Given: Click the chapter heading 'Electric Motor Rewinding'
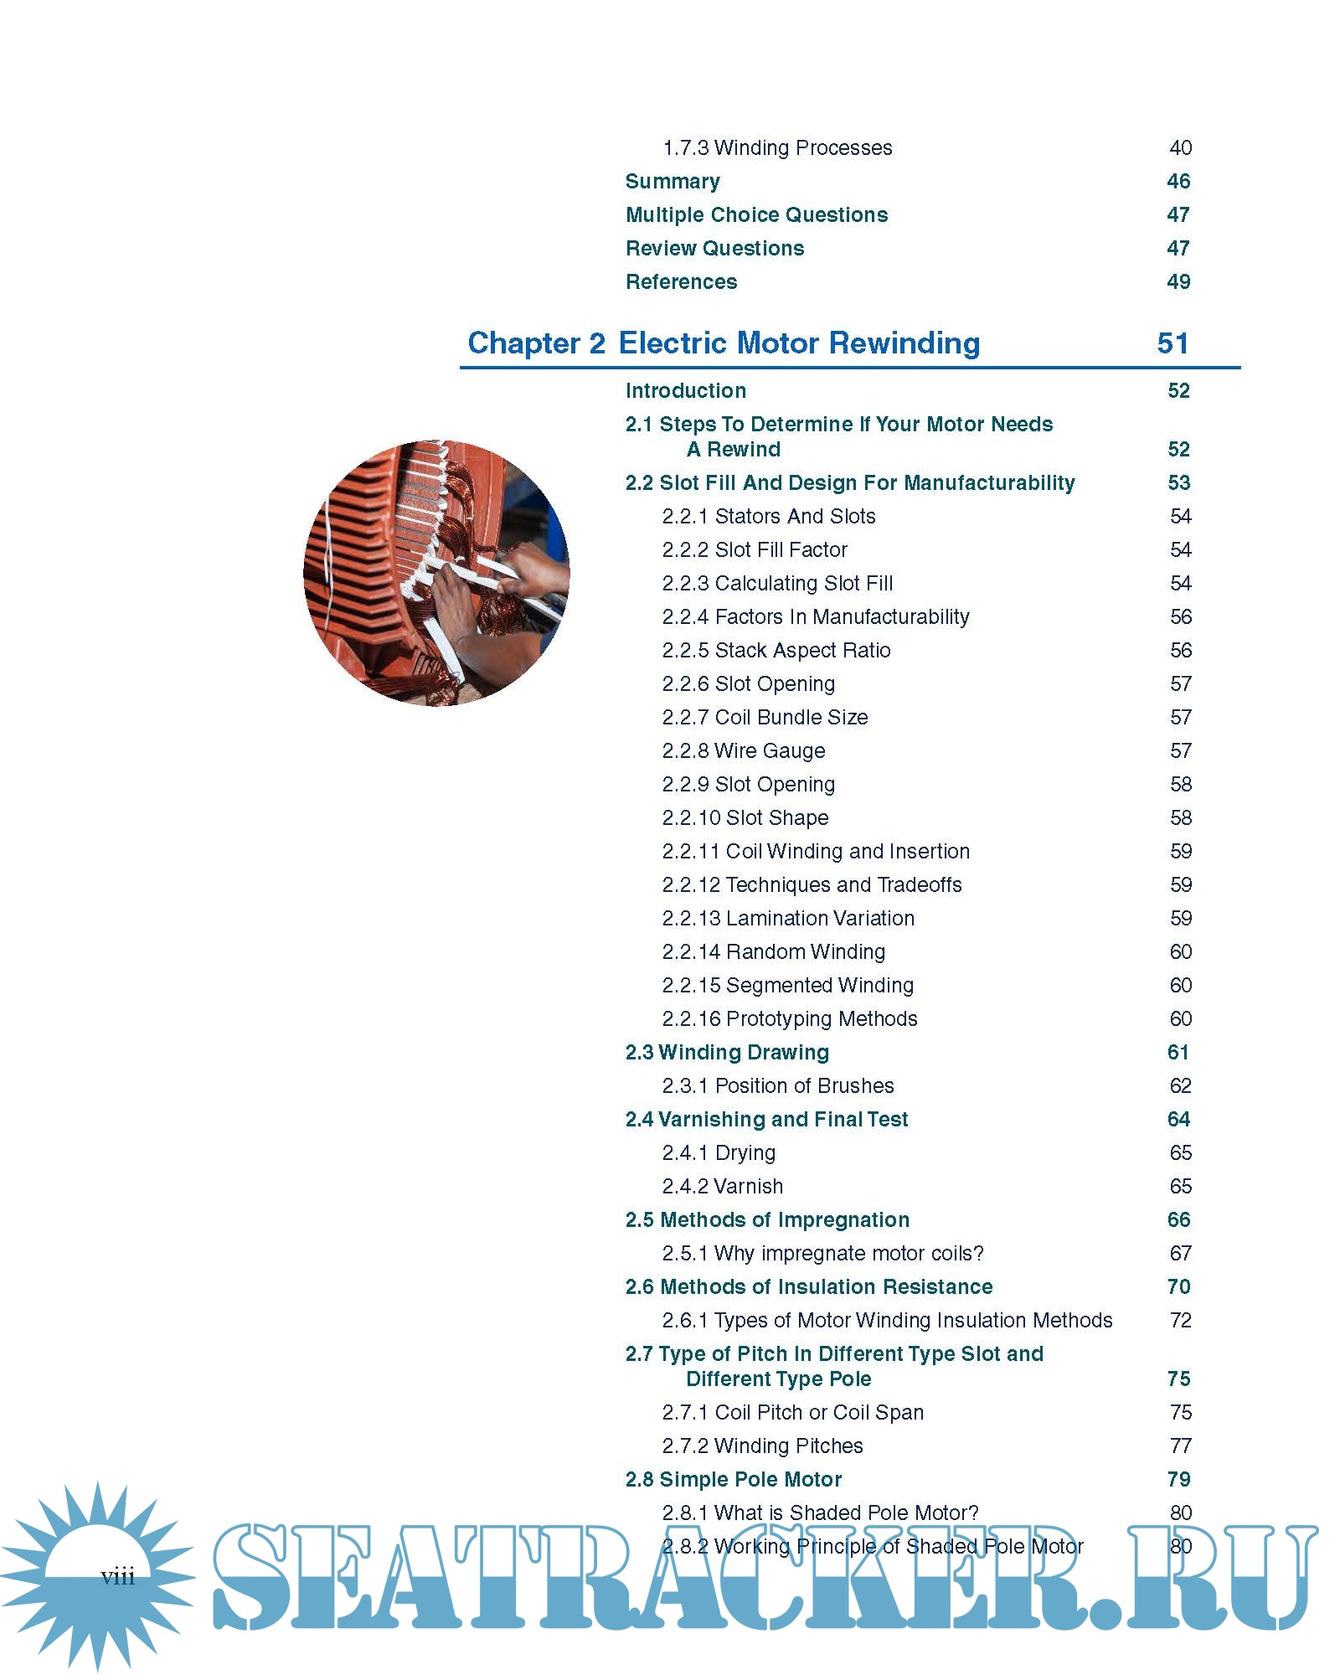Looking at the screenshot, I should (x=799, y=343).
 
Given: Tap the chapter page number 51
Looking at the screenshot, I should (x=1172, y=343).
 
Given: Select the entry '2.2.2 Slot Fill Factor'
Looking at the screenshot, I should (x=755, y=550).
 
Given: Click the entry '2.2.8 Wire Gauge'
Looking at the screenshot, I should (x=744, y=751).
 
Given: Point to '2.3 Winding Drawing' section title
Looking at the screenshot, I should (x=727, y=1053).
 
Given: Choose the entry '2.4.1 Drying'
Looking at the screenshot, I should (x=719, y=1153).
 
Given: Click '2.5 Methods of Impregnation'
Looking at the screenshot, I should (x=767, y=1220).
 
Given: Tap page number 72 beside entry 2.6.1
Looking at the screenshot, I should (x=1180, y=1321).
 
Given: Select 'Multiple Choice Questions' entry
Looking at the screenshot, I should (x=756, y=215).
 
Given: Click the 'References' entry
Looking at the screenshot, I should (x=681, y=282).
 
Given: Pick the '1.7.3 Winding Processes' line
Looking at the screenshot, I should (x=777, y=148).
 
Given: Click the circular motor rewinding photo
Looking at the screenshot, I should (x=436, y=573).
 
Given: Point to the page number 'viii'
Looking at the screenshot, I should (x=117, y=1577).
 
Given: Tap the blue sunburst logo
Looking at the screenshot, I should (x=96, y=1574).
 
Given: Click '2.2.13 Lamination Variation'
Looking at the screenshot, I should (x=788, y=919).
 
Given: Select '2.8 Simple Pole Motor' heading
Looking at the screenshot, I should (x=734, y=1480).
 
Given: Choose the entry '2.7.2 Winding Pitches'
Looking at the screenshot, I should (x=762, y=1446).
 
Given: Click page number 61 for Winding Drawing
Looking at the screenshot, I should (x=1178, y=1053).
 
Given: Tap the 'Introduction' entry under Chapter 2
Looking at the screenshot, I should (x=685, y=391).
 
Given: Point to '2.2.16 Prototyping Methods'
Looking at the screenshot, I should (x=790, y=1019).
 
